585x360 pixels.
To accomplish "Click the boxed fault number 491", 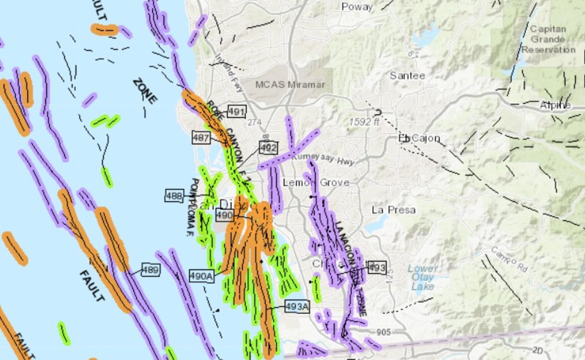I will coord(237,112).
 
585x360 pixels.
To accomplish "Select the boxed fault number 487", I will coord(201,138).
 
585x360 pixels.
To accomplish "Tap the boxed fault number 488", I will coord(174,196).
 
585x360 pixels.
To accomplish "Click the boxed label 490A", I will coord(201,276).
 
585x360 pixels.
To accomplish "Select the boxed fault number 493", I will coord(377,268).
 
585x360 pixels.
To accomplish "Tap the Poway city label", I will coord(357,7).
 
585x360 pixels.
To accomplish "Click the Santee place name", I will coord(407,76).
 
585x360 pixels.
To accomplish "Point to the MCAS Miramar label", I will coord(290,84).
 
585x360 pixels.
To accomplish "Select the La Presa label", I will coord(394,210).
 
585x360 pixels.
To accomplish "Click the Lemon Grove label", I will coord(316,182).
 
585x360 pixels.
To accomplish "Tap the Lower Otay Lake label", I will coord(422,277).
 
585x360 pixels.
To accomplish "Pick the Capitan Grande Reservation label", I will coord(548,39).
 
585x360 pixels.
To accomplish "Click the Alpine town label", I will coord(555,106).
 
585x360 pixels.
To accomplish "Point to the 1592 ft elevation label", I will coord(364,122).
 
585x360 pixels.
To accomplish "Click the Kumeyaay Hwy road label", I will coord(323,159).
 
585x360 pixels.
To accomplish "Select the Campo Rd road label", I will coord(509,259).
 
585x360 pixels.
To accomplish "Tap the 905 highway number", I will coord(384,332).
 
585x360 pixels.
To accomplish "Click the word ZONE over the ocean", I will coord(145,91).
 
